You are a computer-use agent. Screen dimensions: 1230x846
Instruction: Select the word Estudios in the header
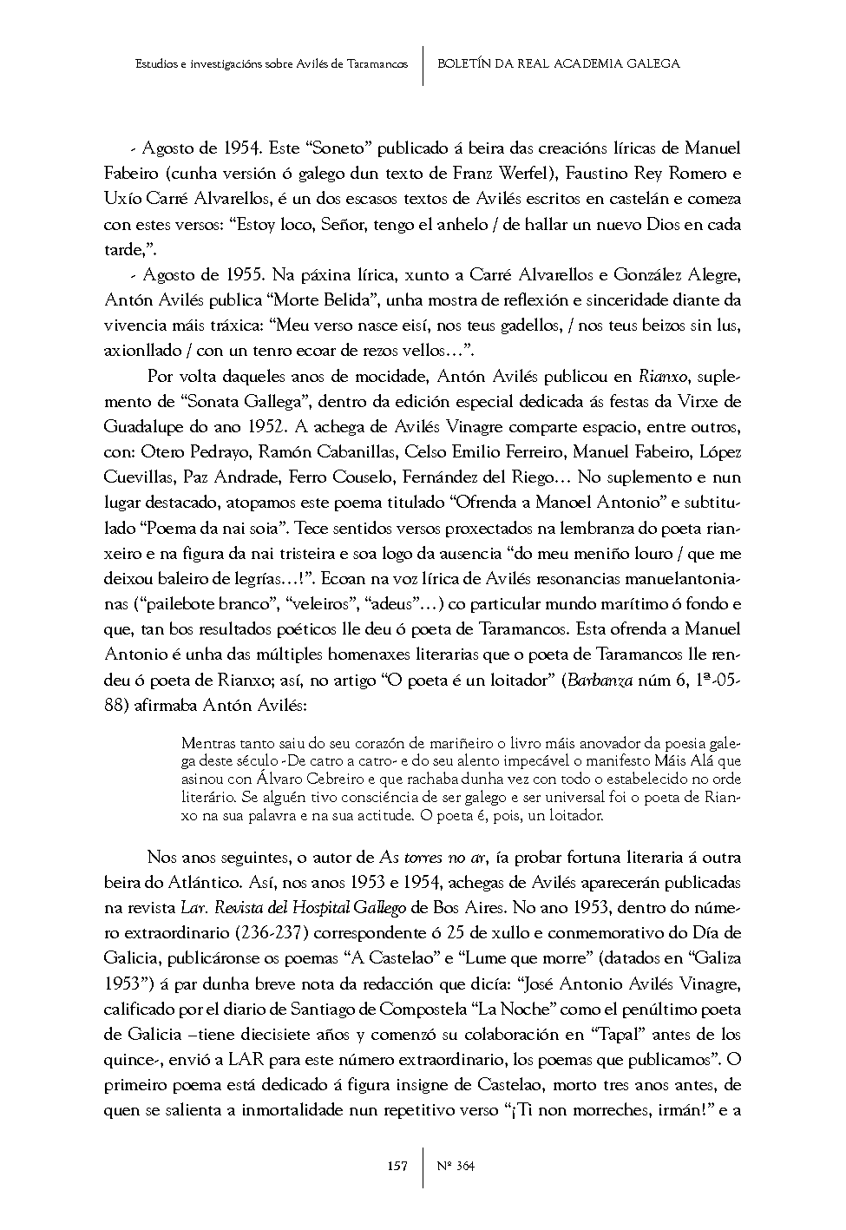point(158,64)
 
